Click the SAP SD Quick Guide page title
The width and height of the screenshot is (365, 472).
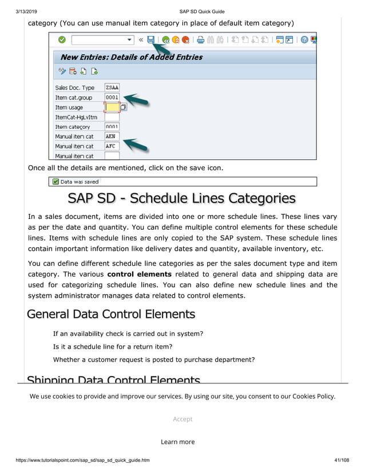coord(201,11)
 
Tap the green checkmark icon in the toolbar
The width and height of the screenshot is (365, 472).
coord(61,40)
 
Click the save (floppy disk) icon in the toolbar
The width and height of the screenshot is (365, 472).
coord(151,40)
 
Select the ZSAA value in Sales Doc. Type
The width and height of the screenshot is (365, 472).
coord(112,87)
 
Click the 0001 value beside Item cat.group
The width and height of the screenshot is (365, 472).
coord(112,97)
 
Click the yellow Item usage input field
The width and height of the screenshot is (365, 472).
coord(112,107)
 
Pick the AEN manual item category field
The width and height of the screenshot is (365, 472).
coord(112,137)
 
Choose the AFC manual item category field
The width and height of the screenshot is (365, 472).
coord(112,146)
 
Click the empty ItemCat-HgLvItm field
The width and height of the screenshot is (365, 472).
coord(112,117)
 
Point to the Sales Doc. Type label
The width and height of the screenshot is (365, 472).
coord(74,88)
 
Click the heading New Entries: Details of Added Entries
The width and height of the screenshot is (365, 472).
coord(131,57)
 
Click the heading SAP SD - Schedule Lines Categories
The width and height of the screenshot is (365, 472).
coord(181,198)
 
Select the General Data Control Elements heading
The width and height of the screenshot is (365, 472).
coord(111,314)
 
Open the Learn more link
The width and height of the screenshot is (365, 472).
coord(177,442)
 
